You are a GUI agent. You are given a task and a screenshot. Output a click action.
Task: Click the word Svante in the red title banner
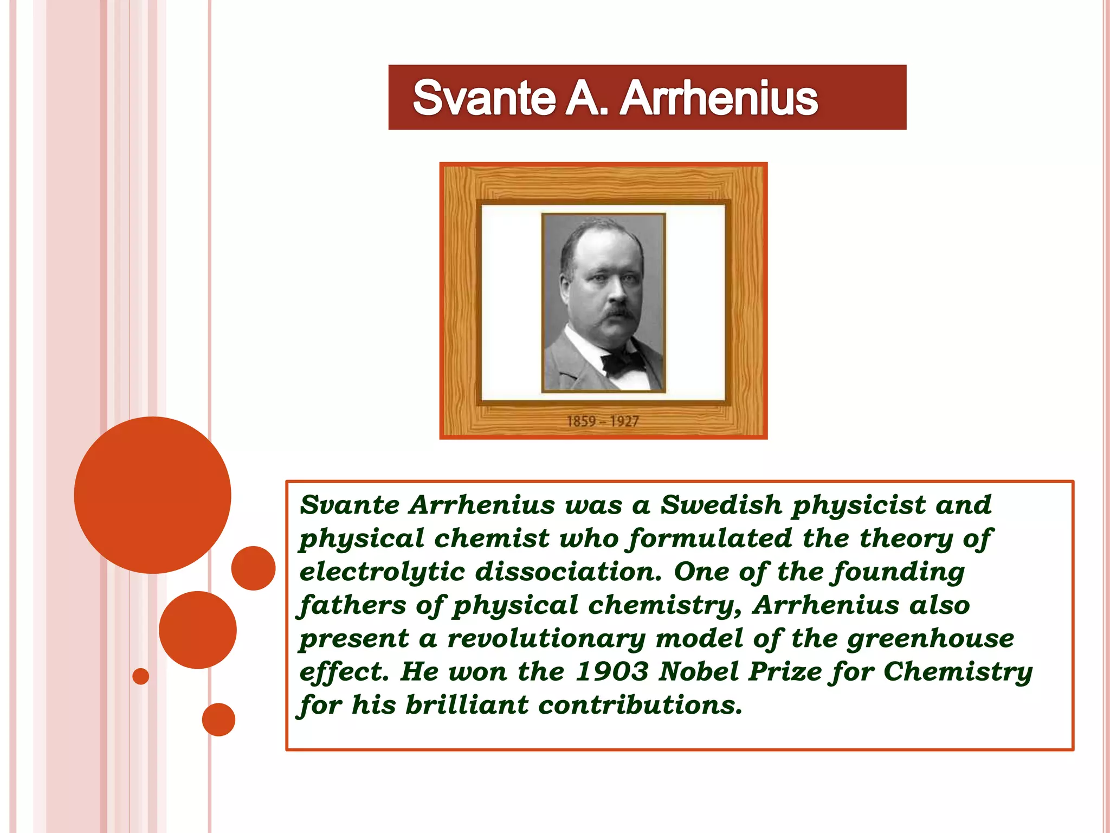pyautogui.click(x=484, y=98)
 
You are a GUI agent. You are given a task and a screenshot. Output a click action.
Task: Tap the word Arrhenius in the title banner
pyautogui.click(x=719, y=98)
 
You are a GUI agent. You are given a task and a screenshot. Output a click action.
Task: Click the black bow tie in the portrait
pyautogui.click(x=622, y=362)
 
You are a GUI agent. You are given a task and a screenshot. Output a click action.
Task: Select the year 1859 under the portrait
pyautogui.click(x=581, y=421)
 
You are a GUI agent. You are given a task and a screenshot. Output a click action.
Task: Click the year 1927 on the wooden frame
pyautogui.click(x=624, y=421)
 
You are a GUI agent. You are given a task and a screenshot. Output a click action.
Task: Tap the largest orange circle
pyautogui.click(x=152, y=495)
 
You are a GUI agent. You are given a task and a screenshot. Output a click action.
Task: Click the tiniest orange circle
pyautogui.click(x=141, y=676)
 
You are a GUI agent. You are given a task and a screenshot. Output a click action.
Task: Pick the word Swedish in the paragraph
pyautogui.click(x=721, y=505)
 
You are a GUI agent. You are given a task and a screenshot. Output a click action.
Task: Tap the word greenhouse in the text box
pyautogui.click(x=930, y=639)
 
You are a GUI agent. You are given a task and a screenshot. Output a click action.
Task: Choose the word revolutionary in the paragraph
pyautogui.click(x=546, y=639)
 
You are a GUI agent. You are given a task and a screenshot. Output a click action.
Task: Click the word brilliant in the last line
pyautogui.click(x=467, y=705)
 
